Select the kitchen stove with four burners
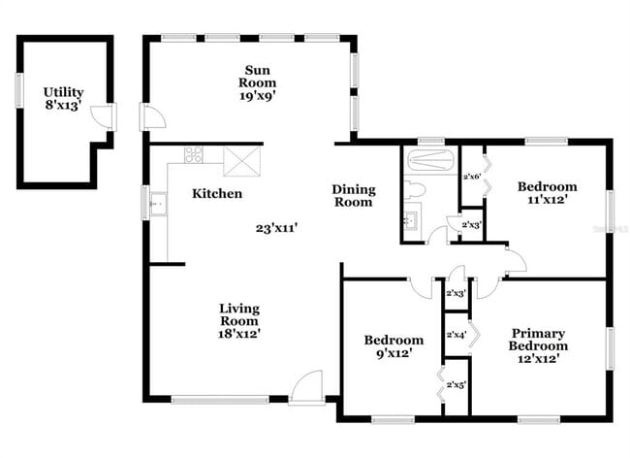pyautogui.click(x=194, y=154)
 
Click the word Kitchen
pyautogui.click(x=217, y=194)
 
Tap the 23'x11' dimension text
pyautogui.click(x=276, y=228)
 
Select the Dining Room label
pyautogui.click(x=354, y=196)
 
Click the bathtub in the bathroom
pyautogui.click(x=428, y=160)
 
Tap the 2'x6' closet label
pyautogui.click(x=472, y=177)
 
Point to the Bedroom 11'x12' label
pyautogui.click(x=547, y=193)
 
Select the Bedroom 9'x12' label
pyautogui.click(x=394, y=346)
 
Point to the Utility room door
pyautogui.click(x=101, y=118)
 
